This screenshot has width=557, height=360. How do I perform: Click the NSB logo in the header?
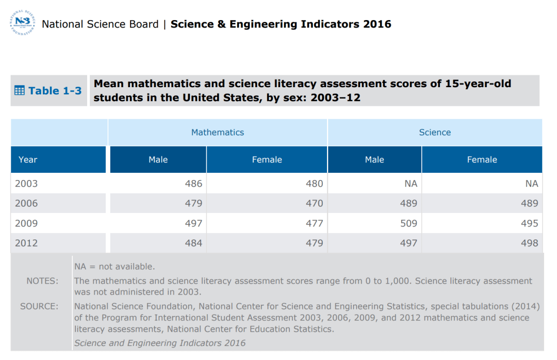click(22, 23)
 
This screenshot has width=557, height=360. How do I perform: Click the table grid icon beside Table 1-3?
click(19, 91)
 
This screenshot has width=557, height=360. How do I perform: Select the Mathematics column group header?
click(217, 133)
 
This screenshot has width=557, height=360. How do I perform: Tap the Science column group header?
click(435, 133)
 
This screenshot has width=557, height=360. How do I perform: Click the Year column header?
click(28, 160)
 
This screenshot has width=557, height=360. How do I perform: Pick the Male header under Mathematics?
click(158, 160)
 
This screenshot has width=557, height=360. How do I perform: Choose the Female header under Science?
click(482, 160)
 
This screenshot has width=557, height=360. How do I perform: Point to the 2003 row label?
click(26, 184)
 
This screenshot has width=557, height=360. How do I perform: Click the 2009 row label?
click(26, 223)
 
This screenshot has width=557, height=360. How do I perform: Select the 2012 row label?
click(26, 243)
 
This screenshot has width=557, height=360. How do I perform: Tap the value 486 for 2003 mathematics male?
click(193, 184)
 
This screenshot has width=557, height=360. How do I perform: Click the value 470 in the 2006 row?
click(314, 203)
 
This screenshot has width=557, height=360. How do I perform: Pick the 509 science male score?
click(408, 223)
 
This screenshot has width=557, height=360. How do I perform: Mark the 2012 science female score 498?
click(529, 243)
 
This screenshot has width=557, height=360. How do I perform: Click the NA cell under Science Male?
click(411, 184)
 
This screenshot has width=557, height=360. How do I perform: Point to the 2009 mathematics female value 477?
click(314, 223)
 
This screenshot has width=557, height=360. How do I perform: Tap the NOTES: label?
click(42, 281)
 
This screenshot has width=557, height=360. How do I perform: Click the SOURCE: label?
click(39, 306)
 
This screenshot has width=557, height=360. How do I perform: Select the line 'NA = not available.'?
click(114, 267)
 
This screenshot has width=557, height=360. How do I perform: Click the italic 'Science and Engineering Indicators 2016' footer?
click(160, 343)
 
